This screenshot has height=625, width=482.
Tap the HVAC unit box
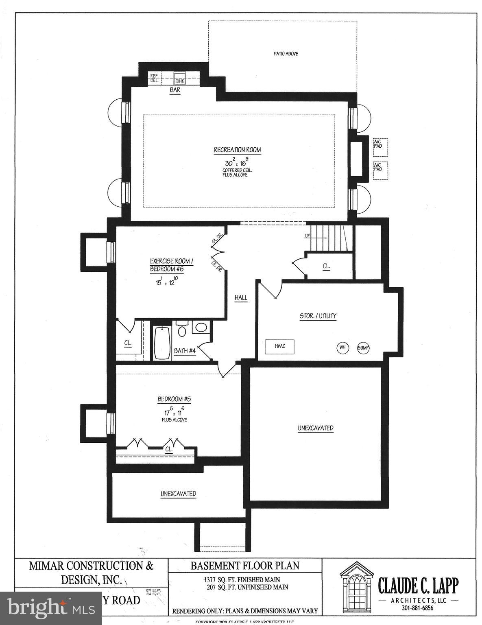pyautogui.click(x=280, y=346)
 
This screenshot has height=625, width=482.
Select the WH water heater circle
pyautogui.click(x=342, y=347)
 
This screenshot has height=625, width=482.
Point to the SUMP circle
pyautogui.click(x=363, y=347)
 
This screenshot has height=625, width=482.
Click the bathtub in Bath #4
pyautogui.click(x=162, y=343)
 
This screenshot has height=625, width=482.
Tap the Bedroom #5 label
pyautogui.click(x=174, y=399)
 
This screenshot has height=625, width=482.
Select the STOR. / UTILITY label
pyautogui.click(x=318, y=316)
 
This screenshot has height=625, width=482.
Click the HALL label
pyautogui.click(x=241, y=297)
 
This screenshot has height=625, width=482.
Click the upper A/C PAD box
pyautogui.click(x=380, y=147)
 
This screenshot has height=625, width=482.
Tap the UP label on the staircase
pyautogui.click(x=308, y=236)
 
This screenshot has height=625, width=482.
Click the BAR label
pyautogui.click(x=175, y=91)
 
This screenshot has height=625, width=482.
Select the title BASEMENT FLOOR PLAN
pyautogui.click(x=245, y=566)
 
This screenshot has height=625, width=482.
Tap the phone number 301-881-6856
pyautogui.click(x=418, y=608)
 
